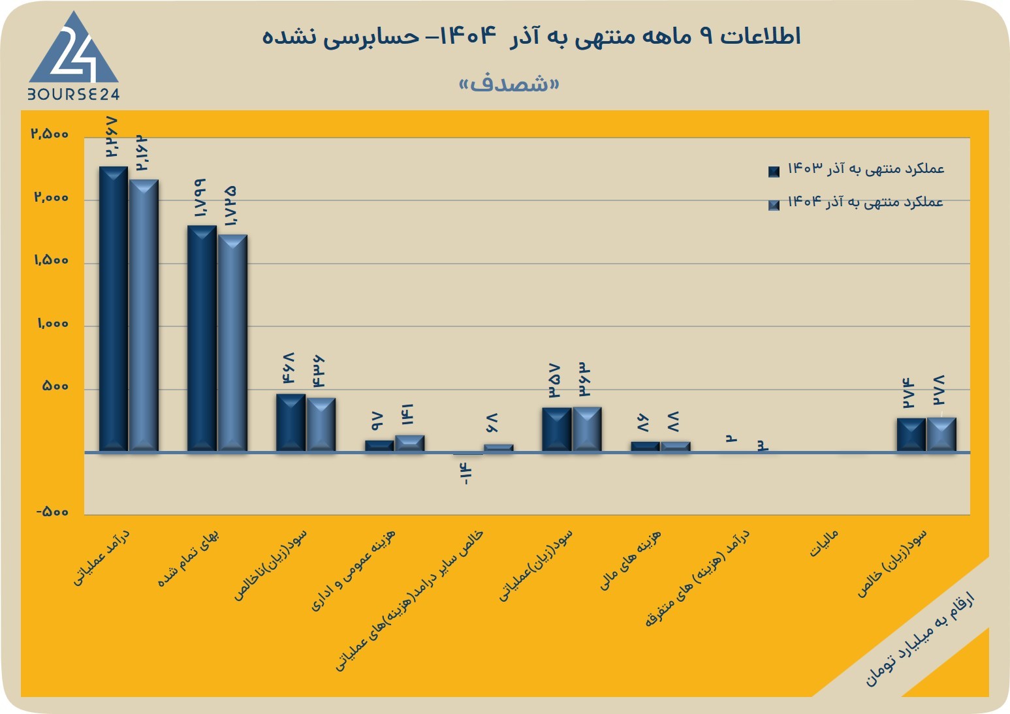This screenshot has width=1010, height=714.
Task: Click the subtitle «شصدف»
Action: tap(509, 84)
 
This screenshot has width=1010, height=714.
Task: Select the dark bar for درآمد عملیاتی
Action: tap(114, 309)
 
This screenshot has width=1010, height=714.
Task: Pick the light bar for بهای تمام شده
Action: tap(232, 343)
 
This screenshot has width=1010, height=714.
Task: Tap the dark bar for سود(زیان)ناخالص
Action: tap(291, 423)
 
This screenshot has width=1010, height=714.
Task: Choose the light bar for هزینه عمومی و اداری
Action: tap(410, 444)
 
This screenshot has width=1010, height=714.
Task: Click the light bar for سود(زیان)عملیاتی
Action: tap(587, 429)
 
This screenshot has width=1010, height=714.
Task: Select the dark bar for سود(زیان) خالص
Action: tap(911, 435)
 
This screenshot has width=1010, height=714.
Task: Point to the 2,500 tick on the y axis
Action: tap(50, 134)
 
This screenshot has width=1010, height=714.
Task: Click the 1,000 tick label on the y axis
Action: tap(53, 323)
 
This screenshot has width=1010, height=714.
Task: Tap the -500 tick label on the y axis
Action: tap(53, 512)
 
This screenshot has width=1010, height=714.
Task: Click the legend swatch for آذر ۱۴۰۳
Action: tap(774, 171)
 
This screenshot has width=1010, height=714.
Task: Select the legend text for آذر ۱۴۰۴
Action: tap(866, 202)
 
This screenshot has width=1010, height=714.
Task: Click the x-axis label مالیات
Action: tap(824, 543)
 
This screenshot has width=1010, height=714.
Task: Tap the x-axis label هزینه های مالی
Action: tap(630, 560)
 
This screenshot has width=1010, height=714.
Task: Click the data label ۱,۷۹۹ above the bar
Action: tap(200, 198)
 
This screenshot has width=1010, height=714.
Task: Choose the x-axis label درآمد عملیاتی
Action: tap(101, 557)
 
